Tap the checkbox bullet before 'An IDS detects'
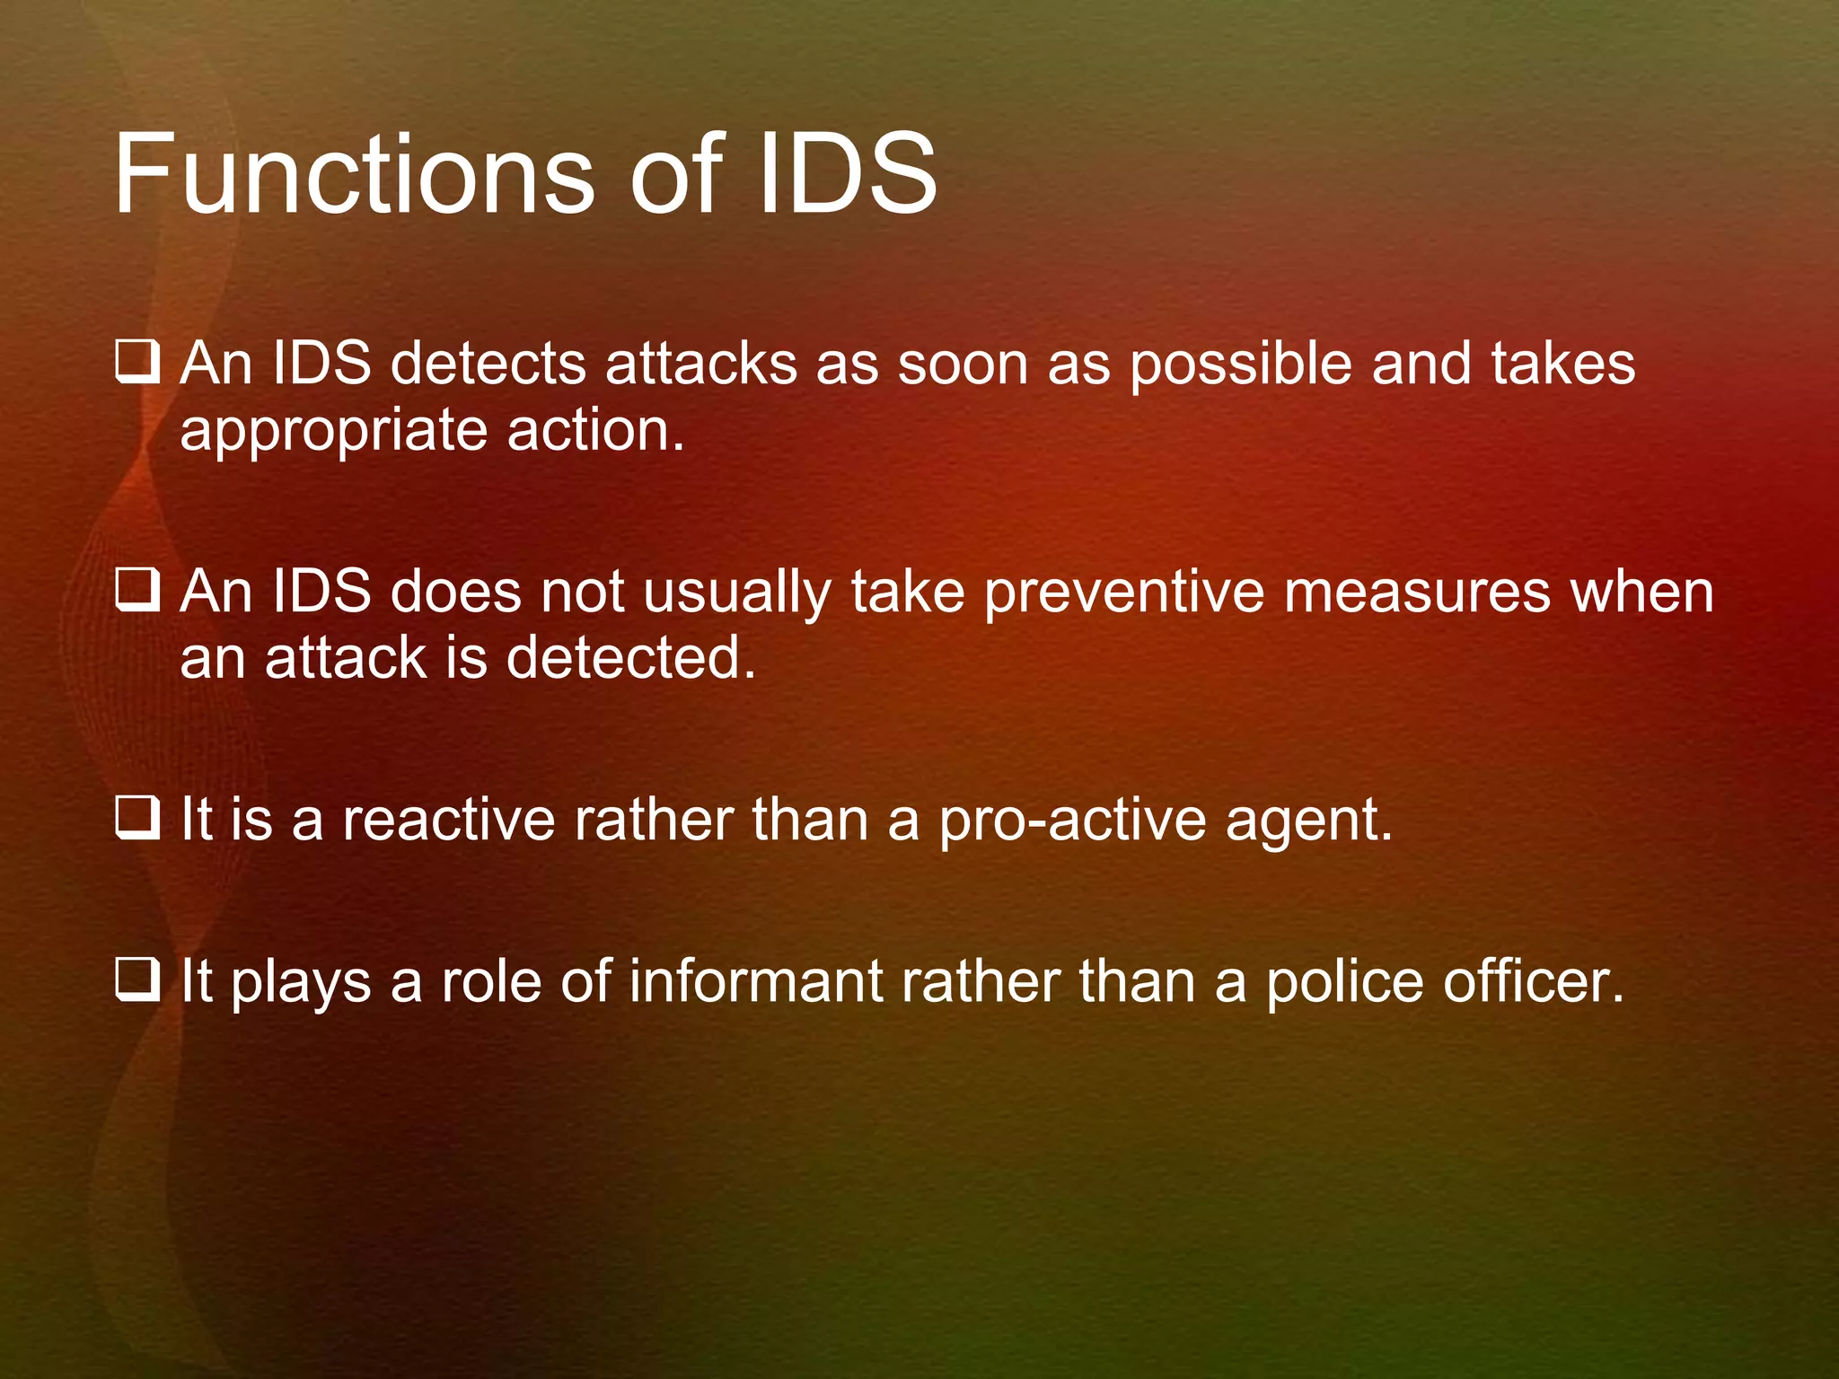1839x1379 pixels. tap(137, 365)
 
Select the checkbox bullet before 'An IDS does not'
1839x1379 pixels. tap(137, 593)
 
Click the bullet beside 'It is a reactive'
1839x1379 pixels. tap(137, 820)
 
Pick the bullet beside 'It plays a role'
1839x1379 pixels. tap(137, 981)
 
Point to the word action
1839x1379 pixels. tap(595, 431)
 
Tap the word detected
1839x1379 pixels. tap(631, 658)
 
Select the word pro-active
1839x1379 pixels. tap(1072, 821)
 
